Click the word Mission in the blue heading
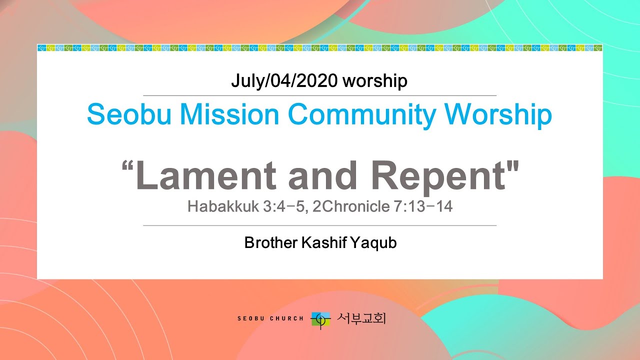[x=227, y=115]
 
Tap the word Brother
[x=270, y=243]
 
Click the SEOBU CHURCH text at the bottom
[x=270, y=318]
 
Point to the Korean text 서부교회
[x=361, y=318]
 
